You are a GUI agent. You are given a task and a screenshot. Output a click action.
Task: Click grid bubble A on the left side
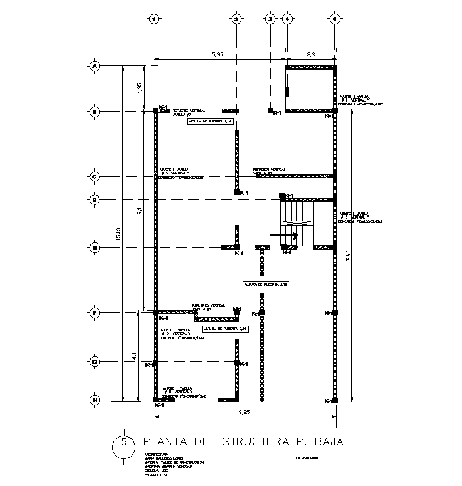94,66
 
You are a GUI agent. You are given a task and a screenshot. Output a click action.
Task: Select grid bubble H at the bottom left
94,400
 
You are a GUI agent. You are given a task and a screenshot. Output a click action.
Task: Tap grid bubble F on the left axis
94,313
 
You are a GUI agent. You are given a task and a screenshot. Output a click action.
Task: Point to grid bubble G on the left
94,361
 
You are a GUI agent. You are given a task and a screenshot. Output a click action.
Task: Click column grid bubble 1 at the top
154,20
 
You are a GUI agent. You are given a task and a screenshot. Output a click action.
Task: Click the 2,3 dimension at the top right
311,56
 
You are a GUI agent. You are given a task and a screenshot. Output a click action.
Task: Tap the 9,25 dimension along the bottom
244,412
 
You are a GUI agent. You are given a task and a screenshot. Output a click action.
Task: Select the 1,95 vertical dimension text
139,88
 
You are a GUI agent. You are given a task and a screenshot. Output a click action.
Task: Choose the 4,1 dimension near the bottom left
134,356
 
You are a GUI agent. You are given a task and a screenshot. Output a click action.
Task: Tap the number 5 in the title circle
124,441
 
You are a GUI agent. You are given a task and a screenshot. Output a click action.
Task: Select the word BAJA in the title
326,441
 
